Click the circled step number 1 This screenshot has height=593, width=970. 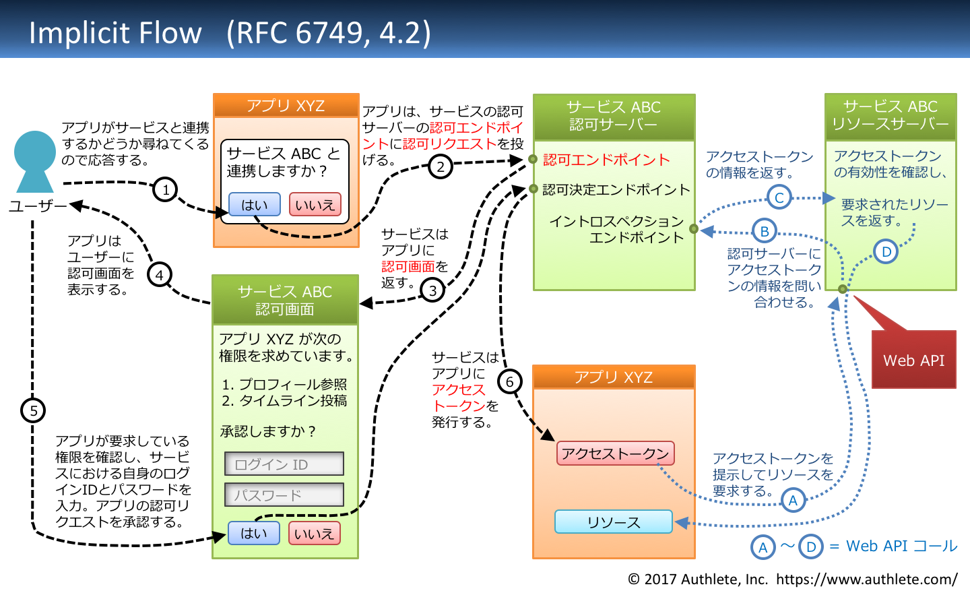(x=166, y=189)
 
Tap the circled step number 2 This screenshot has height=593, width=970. (x=441, y=166)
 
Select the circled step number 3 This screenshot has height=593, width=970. (x=432, y=290)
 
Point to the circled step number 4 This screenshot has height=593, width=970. (x=160, y=275)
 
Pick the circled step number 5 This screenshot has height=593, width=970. (x=33, y=410)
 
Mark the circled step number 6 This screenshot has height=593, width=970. (x=510, y=382)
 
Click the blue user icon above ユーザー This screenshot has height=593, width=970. (x=34, y=161)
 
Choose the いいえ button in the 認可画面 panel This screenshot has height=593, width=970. (x=314, y=534)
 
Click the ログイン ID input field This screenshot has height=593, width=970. (x=284, y=464)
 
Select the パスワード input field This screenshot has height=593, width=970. (x=284, y=495)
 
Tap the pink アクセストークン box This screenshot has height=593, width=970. (x=615, y=454)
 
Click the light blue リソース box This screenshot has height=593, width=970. (x=614, y=522)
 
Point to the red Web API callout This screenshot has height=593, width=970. (x=913, y=360)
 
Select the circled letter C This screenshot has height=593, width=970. (x=779, y=197)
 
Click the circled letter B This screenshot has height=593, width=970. (x=765, y=231)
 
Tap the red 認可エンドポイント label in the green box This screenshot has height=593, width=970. (x=606, y=160)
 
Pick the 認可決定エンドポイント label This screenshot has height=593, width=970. (x=616, y=190)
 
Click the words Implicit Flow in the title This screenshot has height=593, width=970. (x=115, y=32)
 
